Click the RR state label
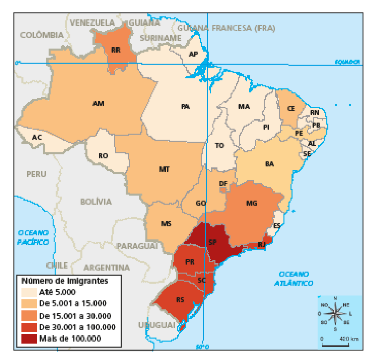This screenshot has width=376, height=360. (115, 50)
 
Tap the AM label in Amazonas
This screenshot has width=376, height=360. (99, 103)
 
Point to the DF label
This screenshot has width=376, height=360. (223, 183)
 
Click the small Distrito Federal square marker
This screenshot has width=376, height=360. (222, 190)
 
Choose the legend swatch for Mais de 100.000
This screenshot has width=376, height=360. (29, 338)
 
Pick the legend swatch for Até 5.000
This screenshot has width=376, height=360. (29, 293)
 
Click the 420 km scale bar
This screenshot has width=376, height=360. (335, 344)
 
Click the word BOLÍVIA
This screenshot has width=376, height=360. (96, 202)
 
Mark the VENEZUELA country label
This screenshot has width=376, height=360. (92, 23)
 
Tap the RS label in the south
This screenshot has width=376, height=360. (180, 300)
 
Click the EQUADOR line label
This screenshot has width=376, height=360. (347, 62)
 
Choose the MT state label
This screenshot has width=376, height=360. (164, 169)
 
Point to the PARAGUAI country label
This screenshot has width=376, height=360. (137, 246)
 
